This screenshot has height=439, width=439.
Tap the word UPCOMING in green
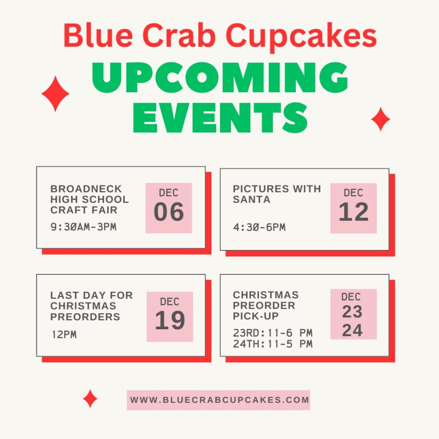tap(219, 79)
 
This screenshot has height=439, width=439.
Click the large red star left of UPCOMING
tap(55, 94)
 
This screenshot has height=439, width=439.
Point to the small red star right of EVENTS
tap(380, 119)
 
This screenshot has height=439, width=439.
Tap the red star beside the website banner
tap(90, 399)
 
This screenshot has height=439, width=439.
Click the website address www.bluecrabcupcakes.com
tap(219, 400)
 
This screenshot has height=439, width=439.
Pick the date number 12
tap(353, 212)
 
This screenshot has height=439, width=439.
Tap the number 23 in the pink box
tap(352, 312)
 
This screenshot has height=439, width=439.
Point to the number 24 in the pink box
tap(352, 331)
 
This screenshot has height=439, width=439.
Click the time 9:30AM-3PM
tap(84, 227)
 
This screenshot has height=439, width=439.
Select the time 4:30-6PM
tap(259, 227)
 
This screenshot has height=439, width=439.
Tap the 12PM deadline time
tap(64, 335)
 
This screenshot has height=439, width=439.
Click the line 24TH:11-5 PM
tap(273, 344)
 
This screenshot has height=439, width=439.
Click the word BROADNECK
tap(86, 189)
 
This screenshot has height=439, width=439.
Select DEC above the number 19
tap(170, 302)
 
